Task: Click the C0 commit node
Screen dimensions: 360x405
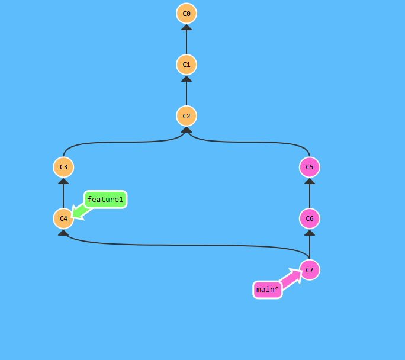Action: (187, 13)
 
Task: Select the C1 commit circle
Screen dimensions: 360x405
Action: (187, 64)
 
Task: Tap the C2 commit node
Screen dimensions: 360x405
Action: (187, 115)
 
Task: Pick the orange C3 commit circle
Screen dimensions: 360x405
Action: (63, 167)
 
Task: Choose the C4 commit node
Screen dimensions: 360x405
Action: (63, 218)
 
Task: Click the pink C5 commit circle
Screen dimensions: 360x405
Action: (310, 167)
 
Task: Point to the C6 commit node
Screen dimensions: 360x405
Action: (310, 218)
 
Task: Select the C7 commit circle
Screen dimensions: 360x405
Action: (310, 270)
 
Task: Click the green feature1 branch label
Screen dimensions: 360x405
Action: (105, 200)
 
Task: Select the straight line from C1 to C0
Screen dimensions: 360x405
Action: (187, 40)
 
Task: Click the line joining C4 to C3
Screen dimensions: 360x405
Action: (63, 194)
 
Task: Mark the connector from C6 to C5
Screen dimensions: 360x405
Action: (310, 194)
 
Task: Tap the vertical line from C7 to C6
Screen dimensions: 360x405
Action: (310, 246)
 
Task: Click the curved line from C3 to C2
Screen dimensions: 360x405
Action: (118, 142)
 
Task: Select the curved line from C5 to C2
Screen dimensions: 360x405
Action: (255, 142)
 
